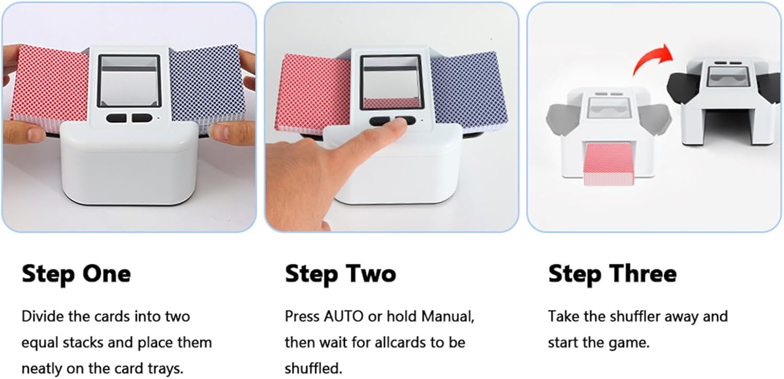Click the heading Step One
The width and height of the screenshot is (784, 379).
[x=76, y=273]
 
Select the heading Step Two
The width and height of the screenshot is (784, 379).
[x=340, y=273]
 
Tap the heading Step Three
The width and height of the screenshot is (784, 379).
[x=612, y=273]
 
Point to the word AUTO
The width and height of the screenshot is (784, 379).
[x=343, y=317]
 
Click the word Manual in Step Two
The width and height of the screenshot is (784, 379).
[x=447, y=317]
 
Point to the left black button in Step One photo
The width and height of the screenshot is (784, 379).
[x=116, y=118]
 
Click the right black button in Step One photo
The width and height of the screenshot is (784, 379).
[x=142, y=118]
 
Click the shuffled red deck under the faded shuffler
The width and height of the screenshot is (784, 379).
[x=608, y=163]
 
